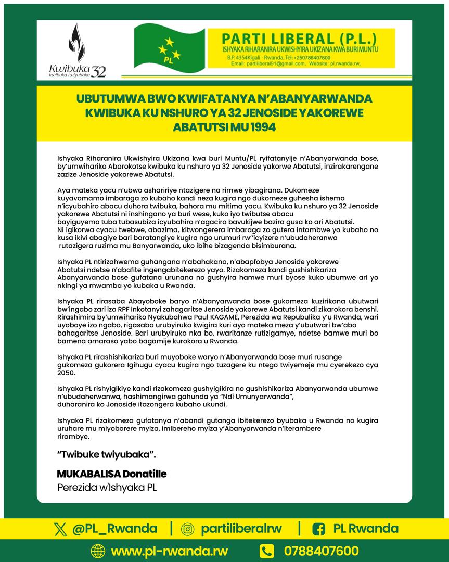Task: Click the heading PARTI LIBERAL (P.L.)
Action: (x=298, y=39)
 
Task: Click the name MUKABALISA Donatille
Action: (x=112, y=474)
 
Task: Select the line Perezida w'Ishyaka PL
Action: (x=107, y=488)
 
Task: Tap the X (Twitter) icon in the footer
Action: (x=61, y=529)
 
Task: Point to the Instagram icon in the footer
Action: (x=187, y=529)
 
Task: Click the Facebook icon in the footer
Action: (x=318, y=529)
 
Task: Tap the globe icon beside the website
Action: (x=97, y=551)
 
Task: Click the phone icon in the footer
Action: (x=267, y=551)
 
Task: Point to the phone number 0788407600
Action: (x=321, y=551)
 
